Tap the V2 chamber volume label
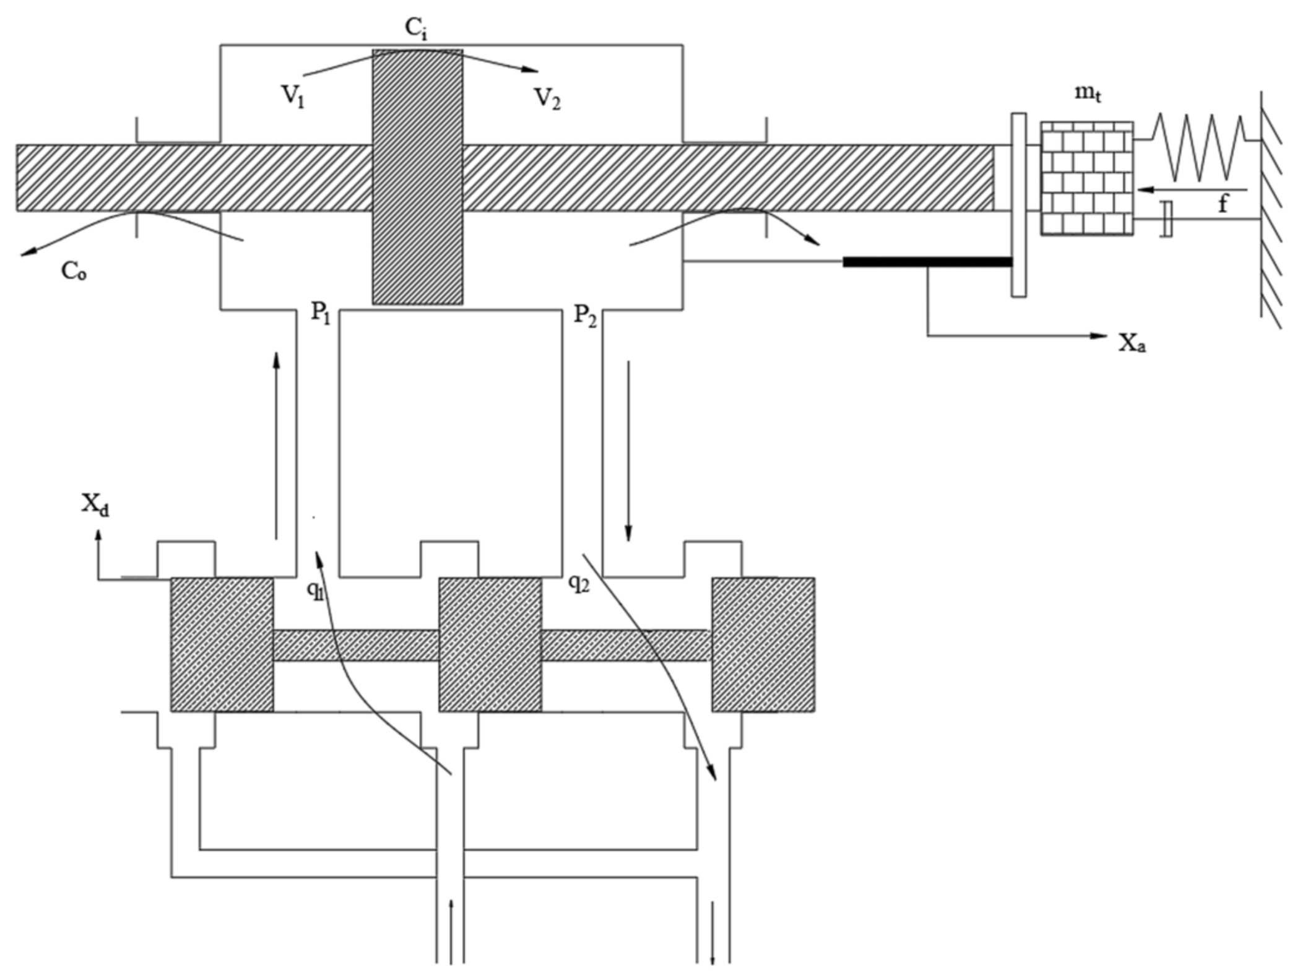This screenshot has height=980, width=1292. pos(547,98)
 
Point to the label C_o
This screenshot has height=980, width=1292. pos(74,271)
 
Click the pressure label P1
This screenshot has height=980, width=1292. pos(321,313)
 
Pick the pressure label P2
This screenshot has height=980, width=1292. pos(584,315)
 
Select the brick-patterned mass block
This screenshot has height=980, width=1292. pos(1086,178)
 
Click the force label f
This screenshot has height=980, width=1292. pos(1222,203)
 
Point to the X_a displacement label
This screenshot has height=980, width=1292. pos(1132,342)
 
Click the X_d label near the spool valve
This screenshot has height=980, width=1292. pos(95,505)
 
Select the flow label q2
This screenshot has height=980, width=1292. pos(579,584)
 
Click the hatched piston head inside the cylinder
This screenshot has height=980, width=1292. pos(417,176)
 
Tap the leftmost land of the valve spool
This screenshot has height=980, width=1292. pos(222,644)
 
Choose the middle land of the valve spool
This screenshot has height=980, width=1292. pos(490,644)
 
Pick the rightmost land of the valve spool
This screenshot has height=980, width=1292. pos(763,644)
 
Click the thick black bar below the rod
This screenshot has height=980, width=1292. pos(926,262)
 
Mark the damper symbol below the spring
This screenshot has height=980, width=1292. pos(1166,219)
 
